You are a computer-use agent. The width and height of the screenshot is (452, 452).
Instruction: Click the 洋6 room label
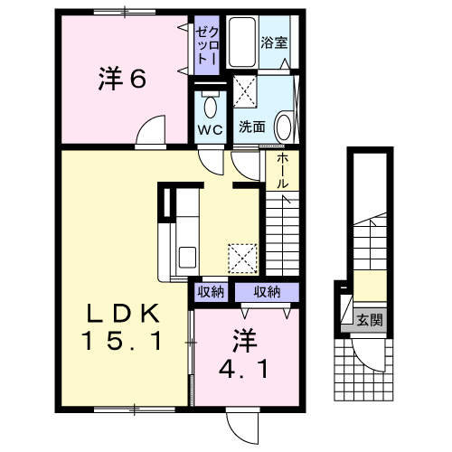click(x=121, y=79)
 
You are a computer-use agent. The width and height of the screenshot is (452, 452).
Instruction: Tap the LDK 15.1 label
click(x=125, y=328)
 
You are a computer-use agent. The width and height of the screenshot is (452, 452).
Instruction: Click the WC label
click(x=211, y=128)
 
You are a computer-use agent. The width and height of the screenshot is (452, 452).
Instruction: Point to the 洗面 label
click(x=252, y=127)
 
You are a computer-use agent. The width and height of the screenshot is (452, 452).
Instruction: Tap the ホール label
click(x=283, y=171)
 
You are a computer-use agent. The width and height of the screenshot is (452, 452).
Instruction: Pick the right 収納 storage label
click(x=266, y=291)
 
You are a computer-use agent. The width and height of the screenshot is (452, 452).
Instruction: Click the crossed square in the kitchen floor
click(x=242, y=258)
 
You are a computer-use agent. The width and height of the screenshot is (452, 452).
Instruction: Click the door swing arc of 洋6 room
click(x=151, y=132)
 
